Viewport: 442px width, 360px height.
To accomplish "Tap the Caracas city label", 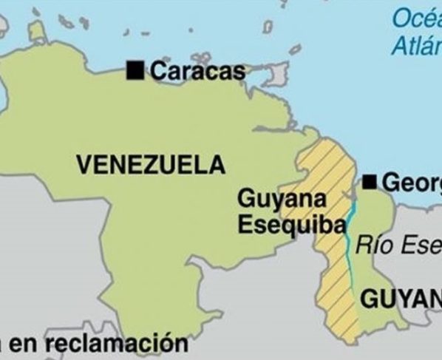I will pyautogui.click(x=197, y=71).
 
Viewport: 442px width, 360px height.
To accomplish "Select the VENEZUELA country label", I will pyautogui.click(x=151, y=164).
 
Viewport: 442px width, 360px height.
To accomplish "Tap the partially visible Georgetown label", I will pyautogui.click(x=411, y=183).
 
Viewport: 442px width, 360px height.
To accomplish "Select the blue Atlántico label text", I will pyautogui.click(x=417, y=46).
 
